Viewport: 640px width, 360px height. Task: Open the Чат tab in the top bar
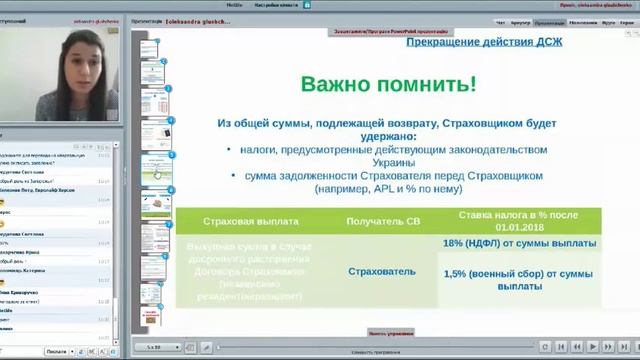(x=501, y=21)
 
